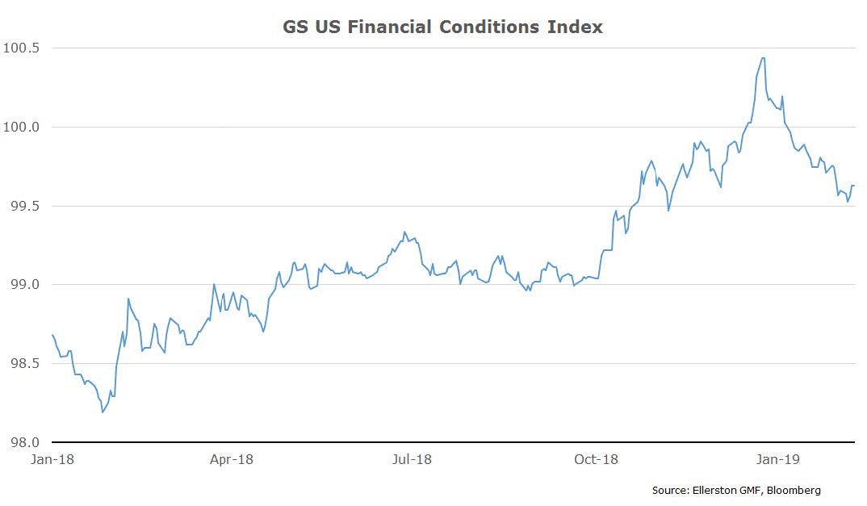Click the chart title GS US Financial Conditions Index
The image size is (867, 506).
point(442,27)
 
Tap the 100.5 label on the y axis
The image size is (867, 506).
point(22,48)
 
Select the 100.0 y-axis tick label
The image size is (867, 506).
point(22,127)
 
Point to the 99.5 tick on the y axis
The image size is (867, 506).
point(26,206)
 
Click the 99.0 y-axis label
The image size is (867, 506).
point(26,284)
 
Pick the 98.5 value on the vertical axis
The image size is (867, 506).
point(26,363)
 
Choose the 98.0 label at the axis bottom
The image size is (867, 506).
point(26,442)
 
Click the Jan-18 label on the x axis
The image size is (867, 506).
point(52,459)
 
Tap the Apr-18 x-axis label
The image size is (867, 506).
point(231,459)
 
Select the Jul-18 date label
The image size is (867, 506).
point(412,459)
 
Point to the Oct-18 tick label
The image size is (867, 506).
point(596,459)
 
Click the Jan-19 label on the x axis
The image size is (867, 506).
point(778,459)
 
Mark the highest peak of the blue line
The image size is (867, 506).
point(763,58)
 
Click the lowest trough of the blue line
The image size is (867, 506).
point(103,412)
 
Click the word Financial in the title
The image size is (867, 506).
point(389,27)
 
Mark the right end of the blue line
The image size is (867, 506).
point(854,186)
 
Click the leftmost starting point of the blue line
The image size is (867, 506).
point(52,335)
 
